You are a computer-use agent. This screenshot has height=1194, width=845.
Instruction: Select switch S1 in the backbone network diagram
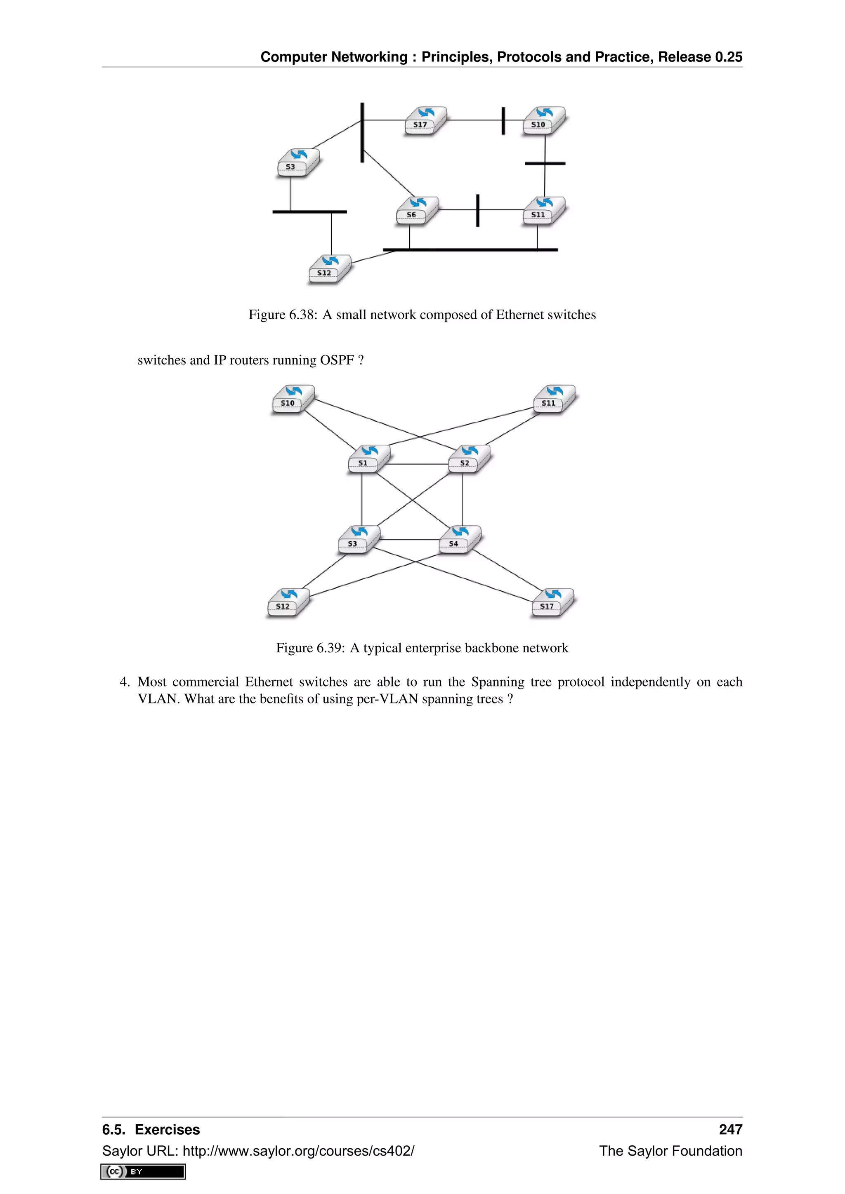(368, 458)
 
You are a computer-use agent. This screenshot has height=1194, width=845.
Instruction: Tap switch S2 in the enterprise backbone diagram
(468, 458)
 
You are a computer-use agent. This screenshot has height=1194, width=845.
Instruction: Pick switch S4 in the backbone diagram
(458, 539)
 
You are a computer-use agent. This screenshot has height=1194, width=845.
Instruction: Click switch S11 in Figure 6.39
(553, 398)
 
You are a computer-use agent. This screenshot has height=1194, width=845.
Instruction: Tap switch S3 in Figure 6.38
(297, 162)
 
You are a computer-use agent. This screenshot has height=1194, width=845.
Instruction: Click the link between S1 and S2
(419, 464)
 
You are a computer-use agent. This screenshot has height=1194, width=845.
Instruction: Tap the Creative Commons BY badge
(143, 1172)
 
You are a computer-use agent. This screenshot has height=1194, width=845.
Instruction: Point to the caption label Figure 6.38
(283, 315)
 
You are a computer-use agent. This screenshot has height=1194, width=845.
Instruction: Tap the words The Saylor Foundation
(670, 1151)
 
